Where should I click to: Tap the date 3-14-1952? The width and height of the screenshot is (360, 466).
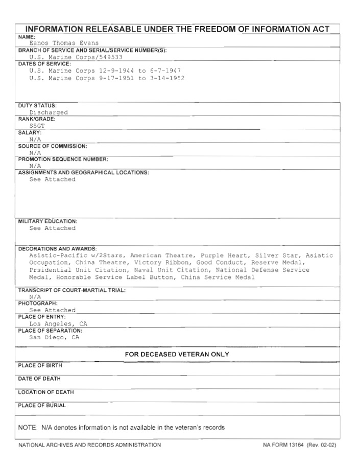pyautogui.click(x=167, y=78)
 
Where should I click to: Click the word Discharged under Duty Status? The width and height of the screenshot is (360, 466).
pyautogui.click(x=49, y=112)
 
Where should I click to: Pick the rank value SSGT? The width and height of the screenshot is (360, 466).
pyautogui.click(x=37, y=126)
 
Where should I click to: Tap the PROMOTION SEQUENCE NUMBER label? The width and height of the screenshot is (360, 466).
pyautogui.click(x=63, y=159)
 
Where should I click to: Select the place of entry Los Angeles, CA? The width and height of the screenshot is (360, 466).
pyautogui.click(x=58, y=323)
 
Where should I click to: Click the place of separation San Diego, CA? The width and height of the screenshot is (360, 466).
pyautogui.click(x=54, y=337)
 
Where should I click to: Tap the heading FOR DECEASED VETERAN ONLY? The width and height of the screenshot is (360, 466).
pyautogui.click(x=177, y=354)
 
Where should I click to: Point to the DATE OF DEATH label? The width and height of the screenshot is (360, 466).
pyautogui.click(x=39, y=379)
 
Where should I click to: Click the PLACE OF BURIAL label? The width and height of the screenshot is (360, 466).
pyautogui.click(x=42, y=406)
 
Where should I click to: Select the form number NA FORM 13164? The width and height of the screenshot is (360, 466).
pyautogui.click(x=283, y=445)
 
